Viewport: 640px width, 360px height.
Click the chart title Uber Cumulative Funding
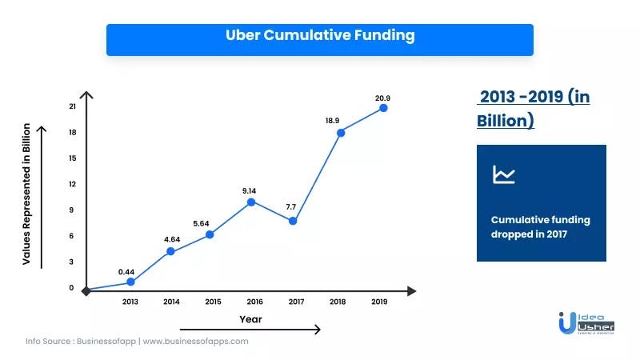click(x=319, y=35)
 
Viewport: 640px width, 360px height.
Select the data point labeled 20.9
click(x=383, y=107)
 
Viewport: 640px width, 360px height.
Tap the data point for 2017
click(x=293, y=221)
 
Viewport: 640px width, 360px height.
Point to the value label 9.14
click(x=250, y=190)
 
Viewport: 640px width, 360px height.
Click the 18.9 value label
click(x=332, y=120)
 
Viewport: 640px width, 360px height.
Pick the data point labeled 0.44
click(x=130, y=282)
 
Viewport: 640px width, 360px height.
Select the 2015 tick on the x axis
click(x=213, y=302)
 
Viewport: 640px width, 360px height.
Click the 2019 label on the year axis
click(x=379, y=302)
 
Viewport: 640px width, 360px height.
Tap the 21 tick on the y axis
click(x=72, y=106)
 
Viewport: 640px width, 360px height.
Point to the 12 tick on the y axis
click(x=72, y=184)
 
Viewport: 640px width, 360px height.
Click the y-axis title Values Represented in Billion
click(x=26, y=194)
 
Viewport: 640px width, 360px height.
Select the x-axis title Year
click(x=250, y=319)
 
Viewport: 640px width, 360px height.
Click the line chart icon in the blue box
click(x=504, y=174)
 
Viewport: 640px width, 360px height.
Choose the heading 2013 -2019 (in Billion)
click(x=533, y=109)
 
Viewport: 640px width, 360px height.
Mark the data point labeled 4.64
click(x=171, y=251)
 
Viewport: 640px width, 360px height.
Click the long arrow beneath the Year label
click(x=250, y=330)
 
